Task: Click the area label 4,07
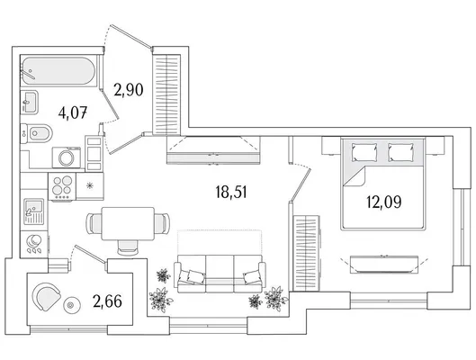73,112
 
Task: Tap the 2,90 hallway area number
129,90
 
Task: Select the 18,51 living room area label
231,192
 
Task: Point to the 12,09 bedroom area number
384,202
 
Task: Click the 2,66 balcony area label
107,301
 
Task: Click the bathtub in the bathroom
58,72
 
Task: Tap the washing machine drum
67,157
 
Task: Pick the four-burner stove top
62,186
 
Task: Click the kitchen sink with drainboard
33,211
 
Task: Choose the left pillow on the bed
364,152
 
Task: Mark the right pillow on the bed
400,152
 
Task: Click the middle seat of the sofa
220,274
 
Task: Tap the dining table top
128,223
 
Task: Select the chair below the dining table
128,247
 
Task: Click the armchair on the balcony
47,297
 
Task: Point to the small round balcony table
72,305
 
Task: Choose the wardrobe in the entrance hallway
166,94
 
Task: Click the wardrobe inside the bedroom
306,253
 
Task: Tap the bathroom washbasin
29,102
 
